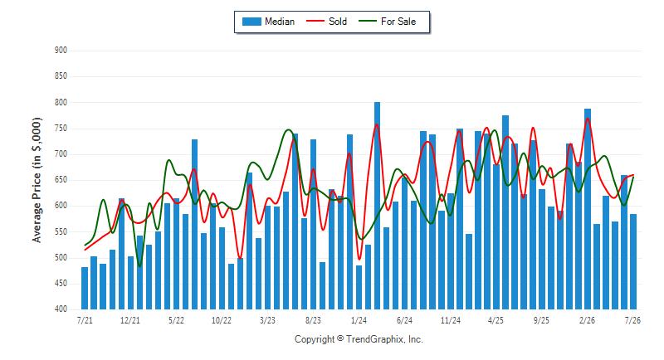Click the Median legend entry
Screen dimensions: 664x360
tap(268, 22)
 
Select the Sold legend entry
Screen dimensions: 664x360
tap(326, 22)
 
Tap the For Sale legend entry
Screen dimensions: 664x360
tap(388, 22)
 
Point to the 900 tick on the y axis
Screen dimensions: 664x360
tap(61, 51)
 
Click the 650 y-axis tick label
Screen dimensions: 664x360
tap(61, 180)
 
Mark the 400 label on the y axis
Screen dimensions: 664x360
tap(61, 309)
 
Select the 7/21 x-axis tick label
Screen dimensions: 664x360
tap(85, 320)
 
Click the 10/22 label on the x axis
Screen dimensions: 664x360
tap(222, 320)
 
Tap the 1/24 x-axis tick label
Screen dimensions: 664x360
tap(359, 320)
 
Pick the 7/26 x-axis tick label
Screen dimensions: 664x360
tap(632, 320)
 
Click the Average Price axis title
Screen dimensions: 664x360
tap(37, 180)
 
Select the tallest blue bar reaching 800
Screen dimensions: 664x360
tap(378, 206)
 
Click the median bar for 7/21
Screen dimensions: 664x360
tap(85, 288)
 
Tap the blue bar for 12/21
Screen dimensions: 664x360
tap(130, 283)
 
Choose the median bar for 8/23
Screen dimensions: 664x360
tap(314, 224)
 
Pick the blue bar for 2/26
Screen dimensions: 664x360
tap(588, 209)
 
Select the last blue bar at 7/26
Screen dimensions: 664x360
tap(633, 261)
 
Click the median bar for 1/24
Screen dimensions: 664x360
tap(359, 287)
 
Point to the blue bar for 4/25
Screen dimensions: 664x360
tap(496, 237)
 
